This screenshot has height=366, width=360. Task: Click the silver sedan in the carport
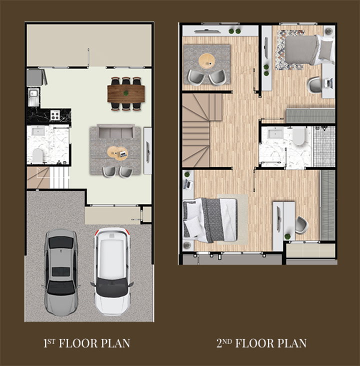coord(61,272)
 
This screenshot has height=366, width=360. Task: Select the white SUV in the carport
coord(111,271)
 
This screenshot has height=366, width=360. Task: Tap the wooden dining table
coord(126,93)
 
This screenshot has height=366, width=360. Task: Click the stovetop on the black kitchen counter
coord(55,115)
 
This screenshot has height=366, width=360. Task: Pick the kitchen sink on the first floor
coord(33,93)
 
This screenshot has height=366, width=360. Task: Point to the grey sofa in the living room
coord(116,131)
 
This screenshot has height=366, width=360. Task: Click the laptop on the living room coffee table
coord(123,154)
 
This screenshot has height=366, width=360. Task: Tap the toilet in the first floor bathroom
coord(38,155)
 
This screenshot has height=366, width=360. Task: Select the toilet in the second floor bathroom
coord(299,136)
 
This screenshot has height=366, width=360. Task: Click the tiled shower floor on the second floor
coord(324,147)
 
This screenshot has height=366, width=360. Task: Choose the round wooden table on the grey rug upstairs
coord(206,61)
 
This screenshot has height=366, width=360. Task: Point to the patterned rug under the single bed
coord(290,50)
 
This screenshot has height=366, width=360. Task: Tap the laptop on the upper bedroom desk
coord(329,83)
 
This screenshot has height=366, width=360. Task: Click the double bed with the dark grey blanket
coord(210,220)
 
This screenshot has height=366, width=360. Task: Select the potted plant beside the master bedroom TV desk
coord(287,237)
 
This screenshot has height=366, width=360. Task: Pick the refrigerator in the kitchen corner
coord(35,77)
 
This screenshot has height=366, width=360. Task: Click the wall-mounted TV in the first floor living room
coord(148,151)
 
